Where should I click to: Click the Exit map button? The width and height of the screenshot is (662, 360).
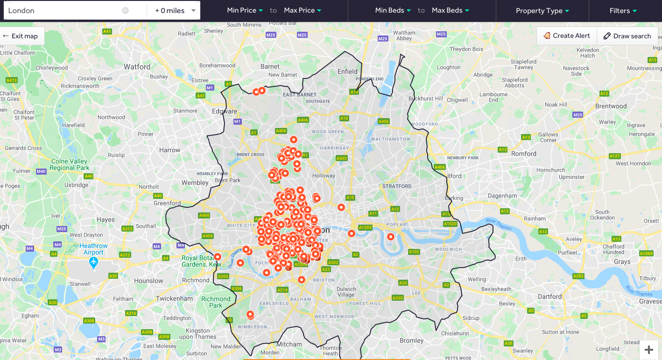pyautogui.click(x=21, y=36)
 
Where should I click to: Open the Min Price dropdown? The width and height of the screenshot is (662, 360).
pyautogui.click(x=245, y=10)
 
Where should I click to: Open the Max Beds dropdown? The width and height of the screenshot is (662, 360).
pyautogui.click(x=450, y=10)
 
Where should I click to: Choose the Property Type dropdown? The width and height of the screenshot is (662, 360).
pyautogui.click(x=542, y=11)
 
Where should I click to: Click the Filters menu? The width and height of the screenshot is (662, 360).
pyautogui.click(x=623, y=11)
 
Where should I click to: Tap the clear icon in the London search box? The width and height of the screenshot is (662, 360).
pyautogui.click(x=125, y=10)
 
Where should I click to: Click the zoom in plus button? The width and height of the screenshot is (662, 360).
pyautogui.click(x=648, y=349)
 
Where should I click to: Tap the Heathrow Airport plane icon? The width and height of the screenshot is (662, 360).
pyautogui.click(x=93, y=262)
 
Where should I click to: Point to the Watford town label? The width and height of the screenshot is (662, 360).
pyautogui.click(x=137, y=67)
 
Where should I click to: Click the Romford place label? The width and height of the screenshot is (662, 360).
pyautogui.click(x=524, y=154)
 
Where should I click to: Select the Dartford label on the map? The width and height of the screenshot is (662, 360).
pyautogui.click(x=549, y=296)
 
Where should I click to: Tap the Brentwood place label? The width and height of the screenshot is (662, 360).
pyautogui.click(x=611, y=106)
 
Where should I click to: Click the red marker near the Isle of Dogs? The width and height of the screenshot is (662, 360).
pyautogui.click(x=391, y=237)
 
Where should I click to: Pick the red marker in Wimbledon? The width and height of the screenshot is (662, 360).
pyautogui.click(x=250, y=314)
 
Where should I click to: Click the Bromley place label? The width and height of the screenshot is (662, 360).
pyautogui.click(x=411, y=340)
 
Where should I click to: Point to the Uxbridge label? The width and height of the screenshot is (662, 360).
pyautogui.click(x=76, y=185)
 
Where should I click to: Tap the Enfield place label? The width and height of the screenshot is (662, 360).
pyautogui.click(x=347, y=71)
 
